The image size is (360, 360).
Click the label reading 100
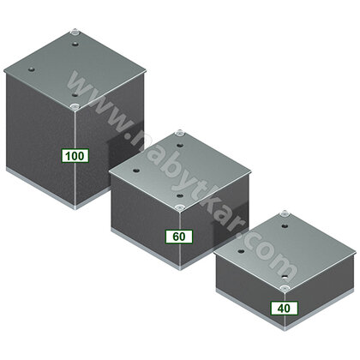tap(74, 155)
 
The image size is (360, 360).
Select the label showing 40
tap(284, 307)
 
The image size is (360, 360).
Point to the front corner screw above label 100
tap(75, 105)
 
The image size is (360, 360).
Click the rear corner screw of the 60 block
tap(179, 133)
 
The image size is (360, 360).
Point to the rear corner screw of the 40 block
tap(284, 210)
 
